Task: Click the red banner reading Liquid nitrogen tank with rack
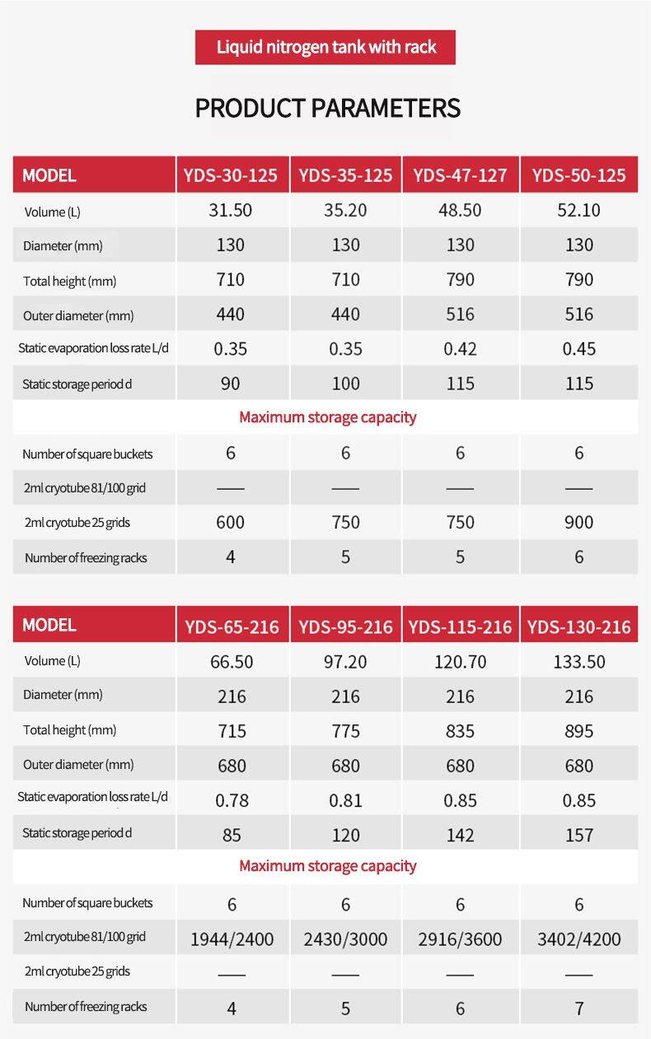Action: click(x=325, y=47)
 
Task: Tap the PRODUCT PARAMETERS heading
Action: click(x=327, y=108)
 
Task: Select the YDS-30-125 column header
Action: click(x=231, y=175)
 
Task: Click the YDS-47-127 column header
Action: click(x=460, y=175)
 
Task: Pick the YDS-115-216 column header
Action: click(x=460, y=627)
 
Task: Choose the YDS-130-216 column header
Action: click(x=578, y=627)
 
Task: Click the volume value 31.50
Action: click(x=231, y=210)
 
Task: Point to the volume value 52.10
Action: click(x=578, y=210)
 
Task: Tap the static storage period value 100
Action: click(x=345, y=384)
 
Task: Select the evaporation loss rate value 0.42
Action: click(x=460, y=349)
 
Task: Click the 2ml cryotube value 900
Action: click(x=578, y=522)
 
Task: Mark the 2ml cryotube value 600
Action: click(x=231, y=522)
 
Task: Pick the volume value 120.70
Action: click(x=460, y=662)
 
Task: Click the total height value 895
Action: click(x=578, y=731)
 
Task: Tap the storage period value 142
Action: click(x=460, y=835)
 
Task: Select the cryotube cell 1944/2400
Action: click(x=232, y=939)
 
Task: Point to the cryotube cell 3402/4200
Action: click(x=578, y=939)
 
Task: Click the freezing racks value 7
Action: click(x=578, y=1008)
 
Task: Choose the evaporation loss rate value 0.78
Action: click(x=232, y=800)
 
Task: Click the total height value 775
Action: click(x=345, y=731)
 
